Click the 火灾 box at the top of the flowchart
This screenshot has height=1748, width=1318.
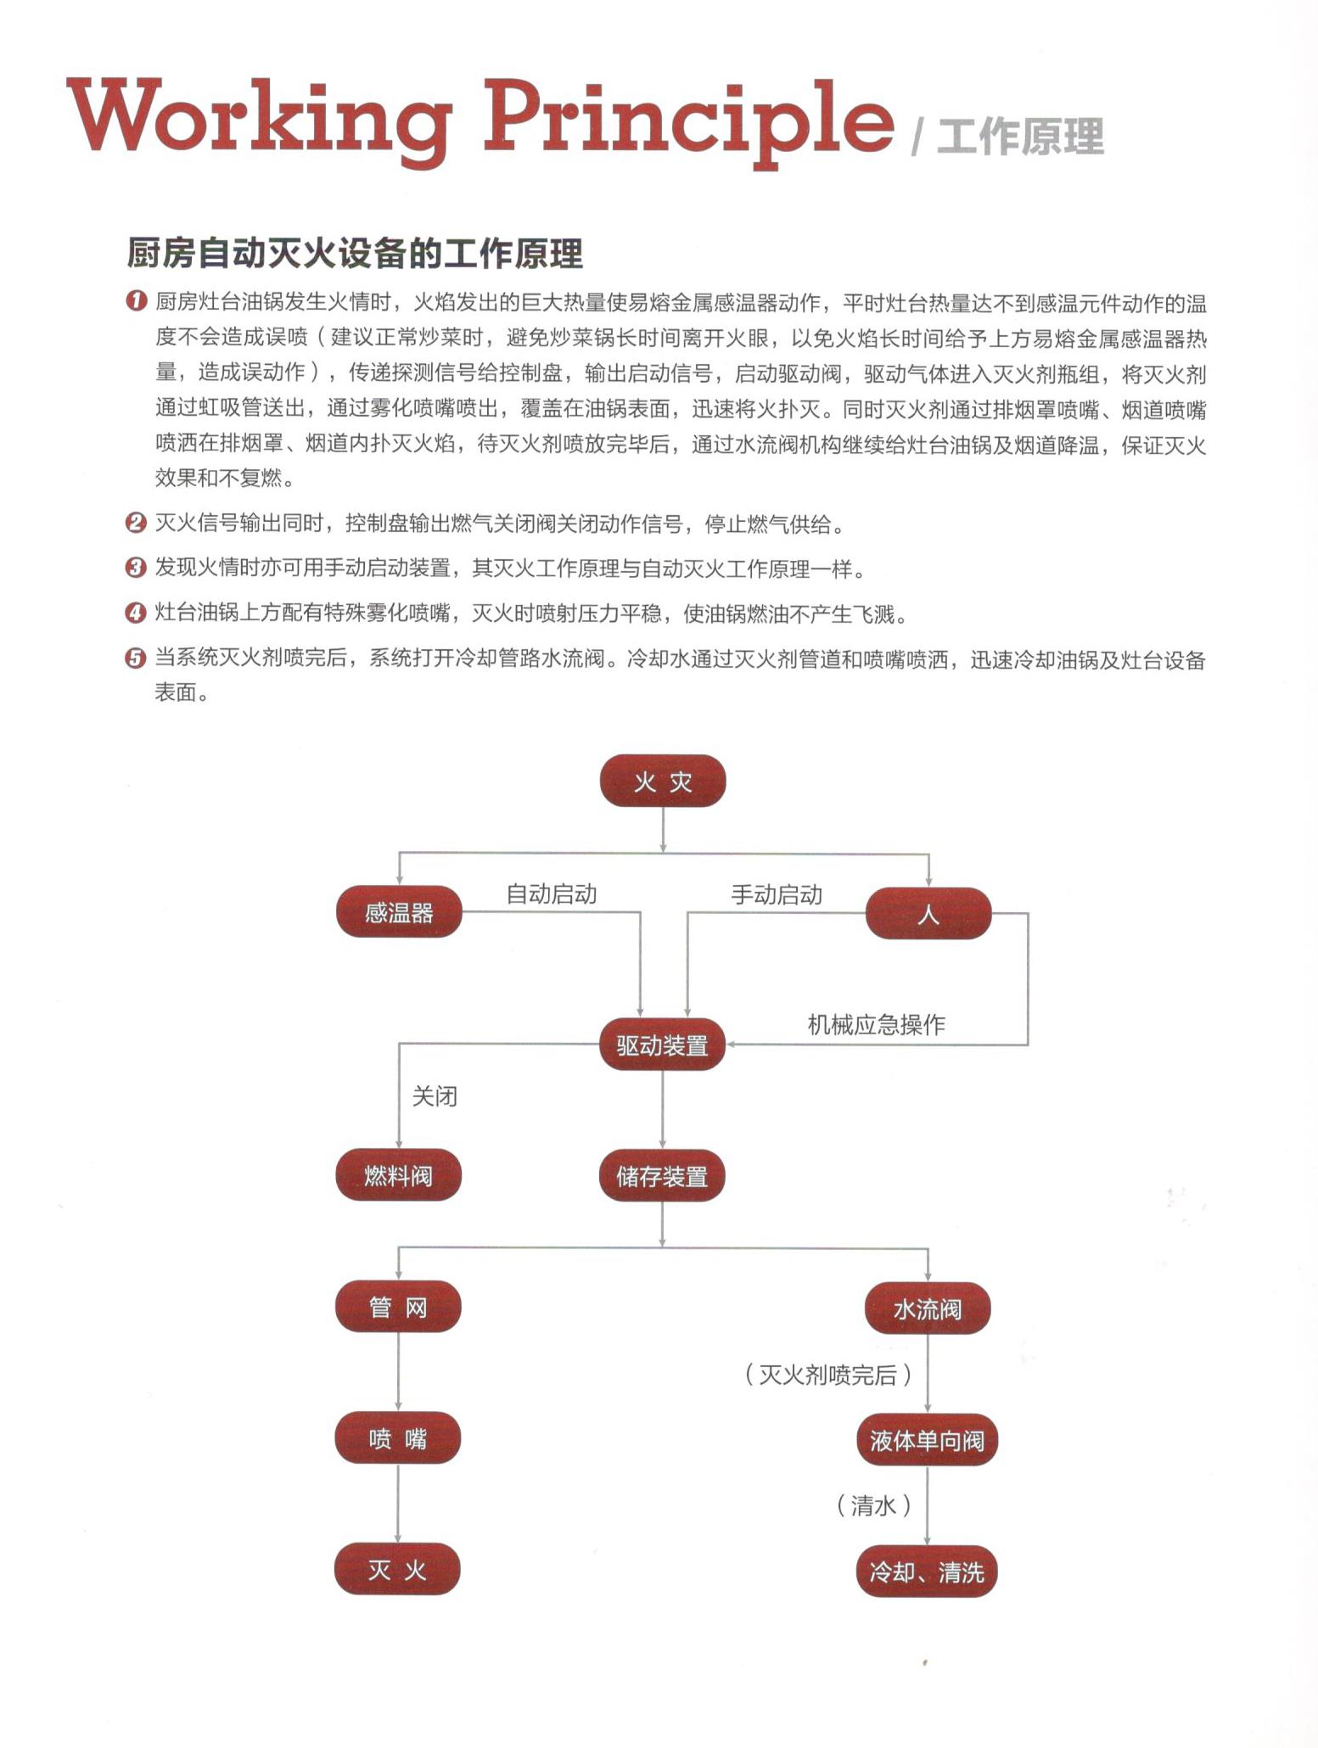662,781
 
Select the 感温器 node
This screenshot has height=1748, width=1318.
398,912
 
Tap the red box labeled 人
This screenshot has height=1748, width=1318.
928,913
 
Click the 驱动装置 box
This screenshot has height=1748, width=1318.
662,1045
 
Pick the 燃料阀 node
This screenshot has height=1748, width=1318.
398,1175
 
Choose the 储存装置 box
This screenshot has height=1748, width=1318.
662,1176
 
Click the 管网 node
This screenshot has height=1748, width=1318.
398,1307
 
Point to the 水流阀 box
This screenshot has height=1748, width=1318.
928,1308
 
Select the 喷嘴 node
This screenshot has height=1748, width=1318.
398,1438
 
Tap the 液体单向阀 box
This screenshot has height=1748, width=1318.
927,1440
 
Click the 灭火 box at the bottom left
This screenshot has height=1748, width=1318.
397,1570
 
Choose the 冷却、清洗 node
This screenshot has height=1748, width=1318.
927,1572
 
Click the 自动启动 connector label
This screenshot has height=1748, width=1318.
552,894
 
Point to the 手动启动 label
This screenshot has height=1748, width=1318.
777,894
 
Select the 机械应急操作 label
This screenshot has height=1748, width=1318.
876,1024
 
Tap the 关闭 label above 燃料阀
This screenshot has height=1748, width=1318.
435,1096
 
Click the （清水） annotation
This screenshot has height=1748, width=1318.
873,1505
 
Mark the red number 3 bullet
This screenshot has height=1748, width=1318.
136,568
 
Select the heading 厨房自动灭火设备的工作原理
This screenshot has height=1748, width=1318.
354,253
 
